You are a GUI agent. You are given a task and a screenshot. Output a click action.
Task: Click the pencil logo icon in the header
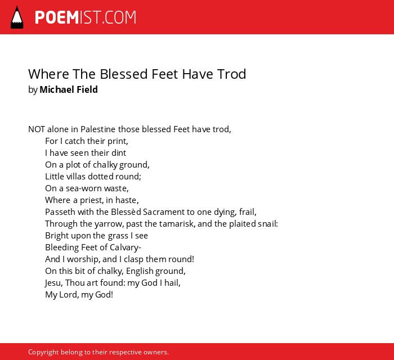pyautogui.click(x=17, y=17)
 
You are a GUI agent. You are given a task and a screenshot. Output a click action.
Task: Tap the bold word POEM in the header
pyautogui.click(x=57, y=17)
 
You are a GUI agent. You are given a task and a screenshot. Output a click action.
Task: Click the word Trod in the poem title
pyautogui.click(x=232, y=74)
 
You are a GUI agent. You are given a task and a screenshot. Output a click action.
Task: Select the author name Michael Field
pyautogui.click(x=69, y=89)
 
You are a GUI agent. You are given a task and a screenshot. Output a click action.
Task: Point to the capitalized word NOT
pyautogui.click(x=37, y=129)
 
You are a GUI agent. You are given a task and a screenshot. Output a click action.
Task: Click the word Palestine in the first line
pyautogui.click(x=98, y=129)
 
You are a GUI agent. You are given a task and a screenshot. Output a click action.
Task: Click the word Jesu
pyautogui.click(x=54, y=283)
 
